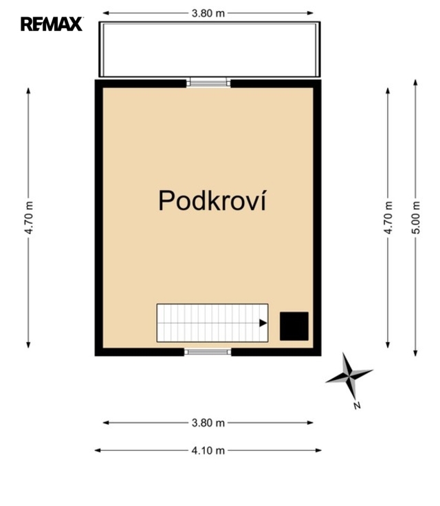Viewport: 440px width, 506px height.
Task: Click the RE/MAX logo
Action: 52,24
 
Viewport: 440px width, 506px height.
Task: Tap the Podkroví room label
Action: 212,200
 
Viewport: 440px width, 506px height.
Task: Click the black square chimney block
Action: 294,326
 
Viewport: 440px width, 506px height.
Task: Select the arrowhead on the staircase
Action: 263,323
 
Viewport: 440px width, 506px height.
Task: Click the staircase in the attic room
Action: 212,323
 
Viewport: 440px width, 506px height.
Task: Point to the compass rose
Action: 349,377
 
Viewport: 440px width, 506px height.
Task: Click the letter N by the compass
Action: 357,405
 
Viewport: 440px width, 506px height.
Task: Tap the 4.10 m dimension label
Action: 208,450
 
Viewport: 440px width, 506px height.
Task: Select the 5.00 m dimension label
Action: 416,218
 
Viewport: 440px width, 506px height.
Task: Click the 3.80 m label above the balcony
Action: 208,13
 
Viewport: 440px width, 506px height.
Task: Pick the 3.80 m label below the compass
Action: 208,423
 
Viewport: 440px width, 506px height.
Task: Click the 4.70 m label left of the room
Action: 28,218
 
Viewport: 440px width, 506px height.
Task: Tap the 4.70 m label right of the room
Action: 388,218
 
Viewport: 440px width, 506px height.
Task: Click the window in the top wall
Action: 208,83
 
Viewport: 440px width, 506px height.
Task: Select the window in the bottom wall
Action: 208,352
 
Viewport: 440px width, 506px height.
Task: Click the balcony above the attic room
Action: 210,50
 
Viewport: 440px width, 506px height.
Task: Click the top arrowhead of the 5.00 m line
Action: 416,83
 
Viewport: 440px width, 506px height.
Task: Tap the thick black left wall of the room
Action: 98,218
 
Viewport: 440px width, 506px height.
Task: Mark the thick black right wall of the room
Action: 317,218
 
